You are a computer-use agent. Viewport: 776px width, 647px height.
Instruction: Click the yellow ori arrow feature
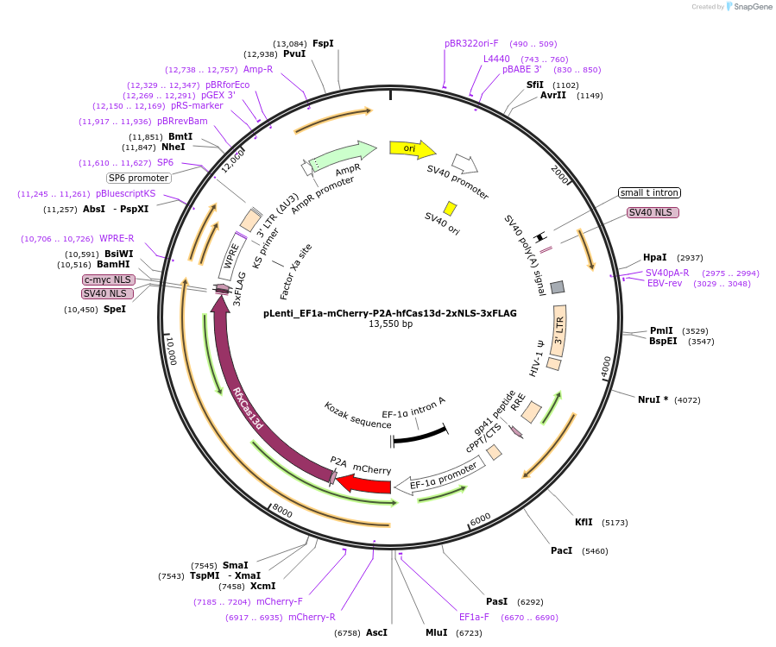tap(413, 149)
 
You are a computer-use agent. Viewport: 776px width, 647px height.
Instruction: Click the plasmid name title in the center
tap(390, 313)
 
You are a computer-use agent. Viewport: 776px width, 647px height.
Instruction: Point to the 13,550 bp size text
tap(390, 324)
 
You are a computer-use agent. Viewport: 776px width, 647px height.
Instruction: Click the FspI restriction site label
tap(323, 43)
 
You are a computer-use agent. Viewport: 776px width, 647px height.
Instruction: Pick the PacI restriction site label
tap(561, 550)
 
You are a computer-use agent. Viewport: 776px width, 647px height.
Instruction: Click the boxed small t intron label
tap(649, 193)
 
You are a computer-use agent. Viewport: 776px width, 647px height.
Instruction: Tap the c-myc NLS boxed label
tap(108, 280)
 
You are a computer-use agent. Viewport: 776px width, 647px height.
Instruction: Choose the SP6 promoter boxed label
tap(139, 178)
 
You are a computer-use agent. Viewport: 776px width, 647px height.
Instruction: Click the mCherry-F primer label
tap(280, 601)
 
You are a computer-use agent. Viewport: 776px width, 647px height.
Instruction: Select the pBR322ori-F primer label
tap(471, 43)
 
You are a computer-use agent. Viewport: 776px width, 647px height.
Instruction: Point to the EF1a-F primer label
tap(474, 618)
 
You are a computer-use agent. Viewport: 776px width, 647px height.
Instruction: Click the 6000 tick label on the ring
tap(480, 519)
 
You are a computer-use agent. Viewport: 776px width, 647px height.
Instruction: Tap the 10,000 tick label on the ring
tap(171, 351)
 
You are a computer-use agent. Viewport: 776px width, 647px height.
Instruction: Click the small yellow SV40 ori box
tap(450, 208)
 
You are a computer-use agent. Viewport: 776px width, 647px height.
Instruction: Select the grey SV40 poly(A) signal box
tap(558, 287)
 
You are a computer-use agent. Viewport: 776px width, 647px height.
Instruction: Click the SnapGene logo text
tap(753, 6)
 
